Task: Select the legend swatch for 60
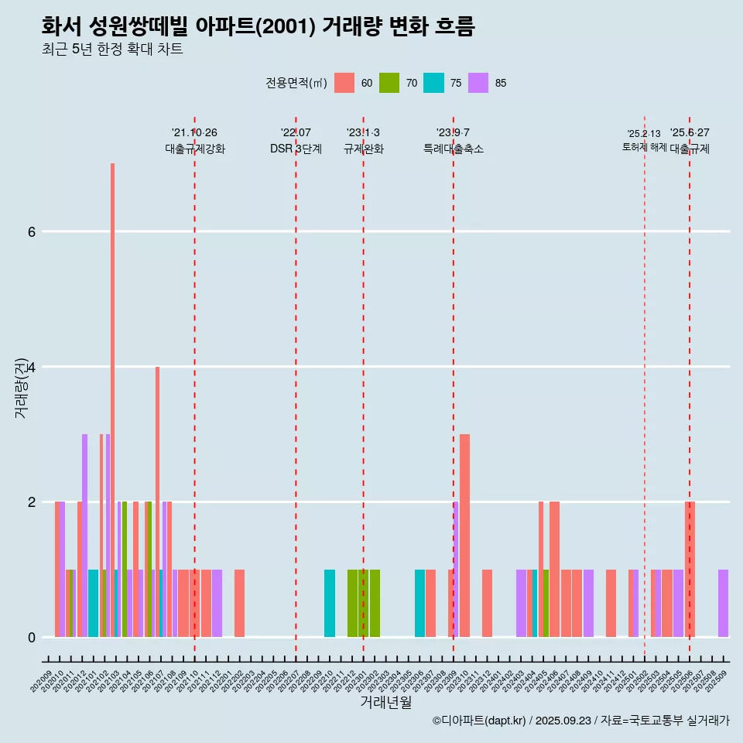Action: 344,83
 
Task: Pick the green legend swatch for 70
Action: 389,83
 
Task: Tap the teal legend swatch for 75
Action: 434,83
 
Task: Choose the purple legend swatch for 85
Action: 478,83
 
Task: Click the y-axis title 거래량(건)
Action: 21,387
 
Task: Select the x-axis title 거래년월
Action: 385,702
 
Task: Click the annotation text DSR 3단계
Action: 296,149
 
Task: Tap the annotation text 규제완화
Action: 363,149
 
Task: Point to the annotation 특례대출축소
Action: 454,149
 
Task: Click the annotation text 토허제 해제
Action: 644,146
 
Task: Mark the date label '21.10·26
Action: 194,132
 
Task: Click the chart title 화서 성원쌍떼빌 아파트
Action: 258,26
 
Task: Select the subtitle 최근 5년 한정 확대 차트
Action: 113,50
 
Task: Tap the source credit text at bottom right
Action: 580,721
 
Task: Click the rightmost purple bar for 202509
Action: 723,604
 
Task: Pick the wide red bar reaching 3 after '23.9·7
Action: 464,534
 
